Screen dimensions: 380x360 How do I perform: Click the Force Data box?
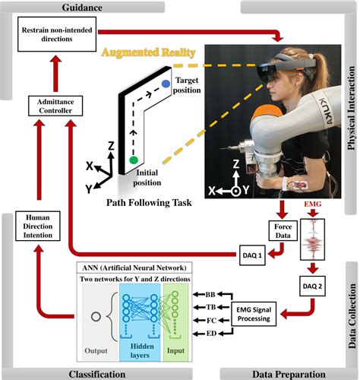click(281, 231)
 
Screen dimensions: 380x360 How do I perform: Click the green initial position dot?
click(134, 160)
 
